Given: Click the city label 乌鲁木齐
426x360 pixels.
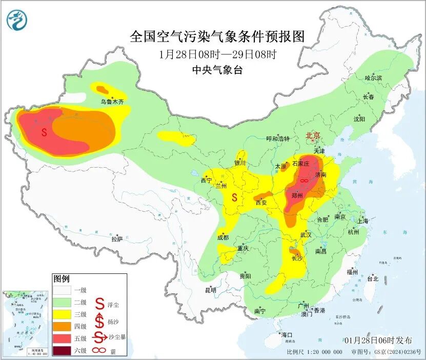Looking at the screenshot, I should (112, 102).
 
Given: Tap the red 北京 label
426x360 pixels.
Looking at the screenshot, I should (313, 135).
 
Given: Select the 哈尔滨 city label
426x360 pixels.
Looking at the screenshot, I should (373, 77).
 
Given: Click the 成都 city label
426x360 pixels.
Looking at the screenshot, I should (222, 237).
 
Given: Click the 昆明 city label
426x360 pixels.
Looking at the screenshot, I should (211, 290).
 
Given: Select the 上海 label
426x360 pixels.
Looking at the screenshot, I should (363, 221).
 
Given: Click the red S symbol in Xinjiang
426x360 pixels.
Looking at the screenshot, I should (44, 132).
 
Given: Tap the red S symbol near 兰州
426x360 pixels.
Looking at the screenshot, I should (234, 197).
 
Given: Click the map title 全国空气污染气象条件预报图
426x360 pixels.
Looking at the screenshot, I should (217, 36).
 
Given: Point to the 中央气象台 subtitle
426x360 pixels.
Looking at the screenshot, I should (217, 70).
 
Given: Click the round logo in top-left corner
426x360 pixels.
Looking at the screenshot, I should (17, 20).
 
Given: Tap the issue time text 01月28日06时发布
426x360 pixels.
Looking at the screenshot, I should (378, 340).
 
